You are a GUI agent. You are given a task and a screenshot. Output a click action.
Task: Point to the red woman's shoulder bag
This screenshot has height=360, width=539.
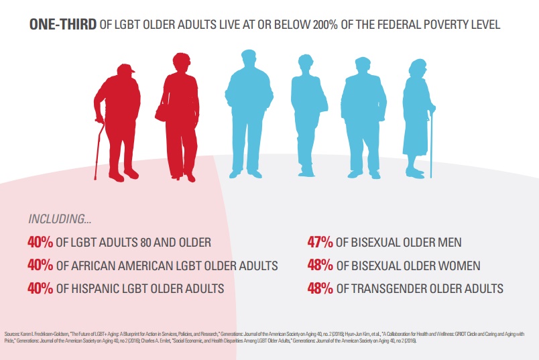tap(162, 111)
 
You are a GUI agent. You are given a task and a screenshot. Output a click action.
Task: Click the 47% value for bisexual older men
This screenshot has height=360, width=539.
tap(320, 242)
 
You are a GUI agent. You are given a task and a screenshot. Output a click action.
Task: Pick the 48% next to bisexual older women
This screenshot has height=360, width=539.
tap(320, 265)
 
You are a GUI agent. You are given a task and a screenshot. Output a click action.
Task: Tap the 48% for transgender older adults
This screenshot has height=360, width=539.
tap(320, 288)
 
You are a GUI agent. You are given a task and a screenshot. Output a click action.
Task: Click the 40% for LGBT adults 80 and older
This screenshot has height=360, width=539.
tap(42, 242)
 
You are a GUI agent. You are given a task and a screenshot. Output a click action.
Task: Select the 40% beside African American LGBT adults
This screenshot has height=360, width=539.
tap(42, 265)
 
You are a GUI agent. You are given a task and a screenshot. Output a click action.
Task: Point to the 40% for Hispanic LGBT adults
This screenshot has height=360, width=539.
tap(42, 288)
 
